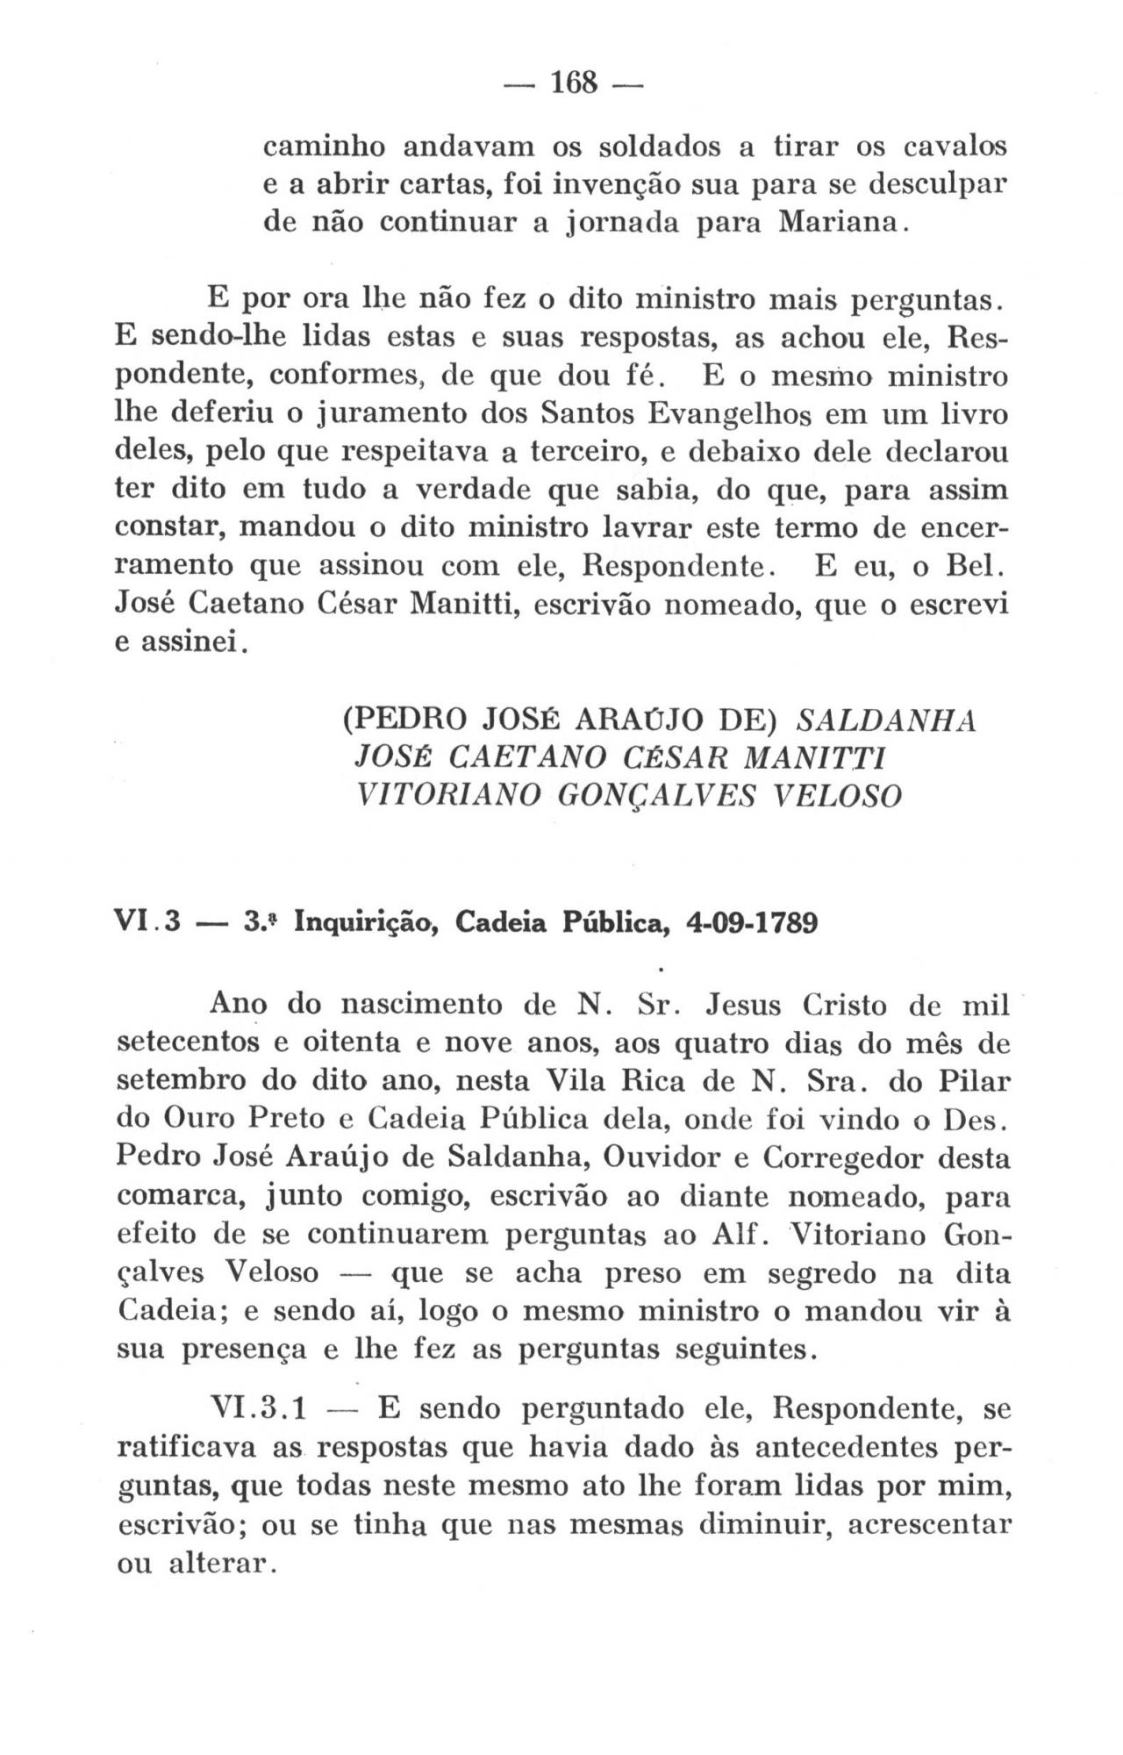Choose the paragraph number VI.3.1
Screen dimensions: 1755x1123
point(260,1410)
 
